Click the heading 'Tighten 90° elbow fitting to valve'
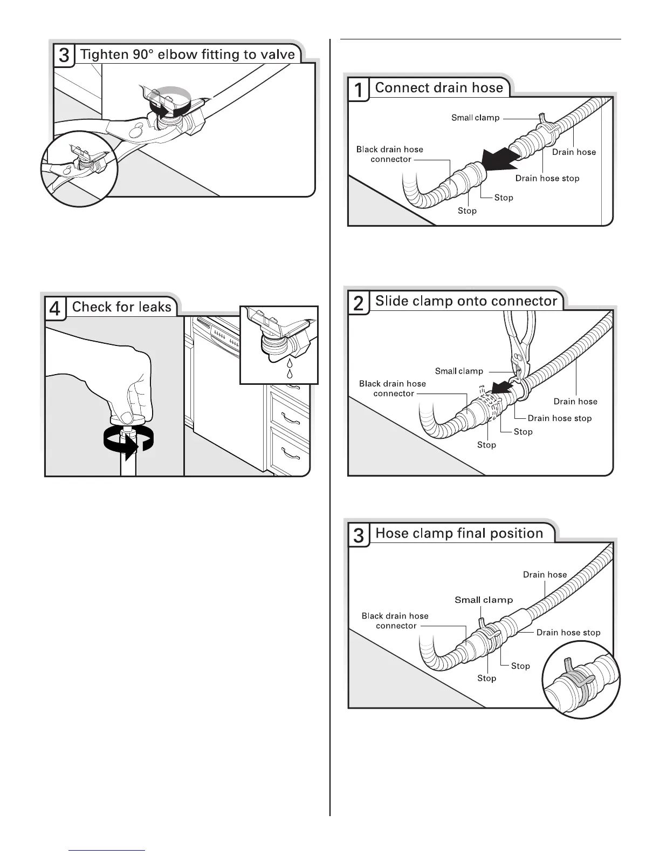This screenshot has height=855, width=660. click(x=187, y=55)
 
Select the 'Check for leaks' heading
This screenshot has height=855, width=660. click(x=121, y=307)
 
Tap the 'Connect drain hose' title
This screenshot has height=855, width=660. click(x=438, y=88)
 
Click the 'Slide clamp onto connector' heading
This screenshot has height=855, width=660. click(x=466, y=301)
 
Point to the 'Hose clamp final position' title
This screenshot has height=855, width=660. click(x=459, y=533)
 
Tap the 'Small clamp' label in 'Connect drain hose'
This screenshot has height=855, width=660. click(x=475, y=118)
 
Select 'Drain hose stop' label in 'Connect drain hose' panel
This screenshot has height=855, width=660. click(x=547, y=179)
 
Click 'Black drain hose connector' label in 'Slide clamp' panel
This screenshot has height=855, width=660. click(x=392, y=389)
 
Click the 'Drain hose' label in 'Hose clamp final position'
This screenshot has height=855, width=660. click(x=545, y=575)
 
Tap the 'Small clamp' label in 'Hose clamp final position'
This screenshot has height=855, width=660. click(x=484, y=600)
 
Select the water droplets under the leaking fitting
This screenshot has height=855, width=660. click(x=290, y=368)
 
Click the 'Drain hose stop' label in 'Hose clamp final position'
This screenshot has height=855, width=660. click(x=568, y=633)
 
